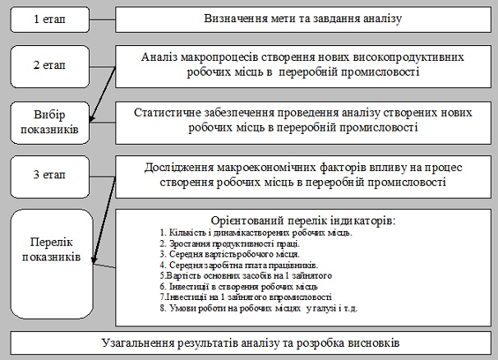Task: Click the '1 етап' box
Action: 50,20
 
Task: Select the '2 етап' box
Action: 50,67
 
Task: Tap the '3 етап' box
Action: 50,177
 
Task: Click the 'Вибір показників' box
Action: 50,122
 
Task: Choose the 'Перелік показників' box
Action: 52,264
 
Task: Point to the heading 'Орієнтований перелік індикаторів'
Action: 303,220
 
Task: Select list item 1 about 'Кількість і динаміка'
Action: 256,233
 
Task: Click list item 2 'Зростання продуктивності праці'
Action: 229,244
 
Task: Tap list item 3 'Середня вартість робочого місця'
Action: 229,254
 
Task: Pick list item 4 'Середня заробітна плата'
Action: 239,265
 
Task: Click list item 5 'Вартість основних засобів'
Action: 246,275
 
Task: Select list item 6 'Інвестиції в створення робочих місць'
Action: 238,287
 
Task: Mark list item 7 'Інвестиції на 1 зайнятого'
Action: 246,297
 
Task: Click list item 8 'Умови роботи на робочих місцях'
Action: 259,308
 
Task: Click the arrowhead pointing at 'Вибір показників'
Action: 92,118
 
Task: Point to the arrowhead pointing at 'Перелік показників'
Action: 94,260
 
